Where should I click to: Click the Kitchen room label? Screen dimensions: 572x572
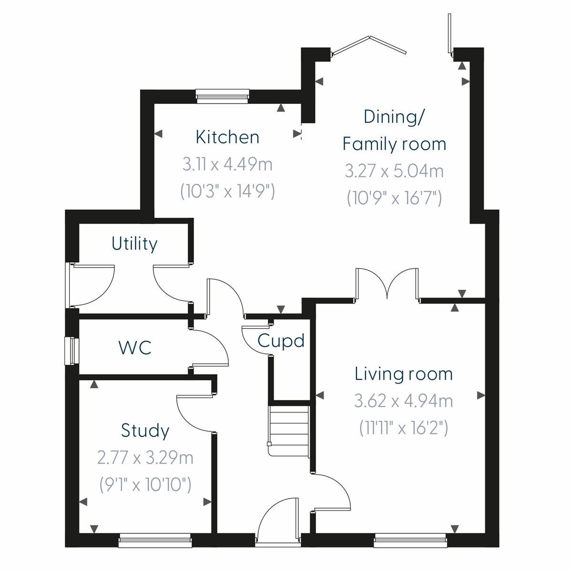(x=227, y=137)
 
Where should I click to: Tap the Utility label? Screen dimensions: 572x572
(x=134, y=244)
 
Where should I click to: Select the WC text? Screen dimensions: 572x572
(x=135, y=347)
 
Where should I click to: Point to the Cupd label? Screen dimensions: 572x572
(x=281, y=341)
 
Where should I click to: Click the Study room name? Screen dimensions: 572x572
(x=145, y=430)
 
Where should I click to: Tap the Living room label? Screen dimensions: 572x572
(x=403, y=374)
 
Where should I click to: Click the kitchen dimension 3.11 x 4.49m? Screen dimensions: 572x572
(x=227, y=164)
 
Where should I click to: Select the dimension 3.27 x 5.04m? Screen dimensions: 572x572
(x=394, y=171)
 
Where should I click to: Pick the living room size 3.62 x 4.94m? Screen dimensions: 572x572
(x=403, y=401)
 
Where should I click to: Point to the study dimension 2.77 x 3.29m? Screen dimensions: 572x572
(x=145, y=458)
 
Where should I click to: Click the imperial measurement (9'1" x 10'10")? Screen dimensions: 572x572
(x=145, y=485)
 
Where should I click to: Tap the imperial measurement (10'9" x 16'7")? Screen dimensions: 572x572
(x=394, y=197)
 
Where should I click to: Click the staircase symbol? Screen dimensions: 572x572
(x=289, y=430)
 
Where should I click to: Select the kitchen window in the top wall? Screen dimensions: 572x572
(x=223, y=96)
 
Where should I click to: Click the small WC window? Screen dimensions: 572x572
(x=71, y=351)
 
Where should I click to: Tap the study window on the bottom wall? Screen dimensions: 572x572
(x=155, y=540)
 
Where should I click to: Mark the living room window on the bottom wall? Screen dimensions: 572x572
(x=410, y=540)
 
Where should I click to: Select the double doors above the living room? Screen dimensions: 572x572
(x=387, y=284)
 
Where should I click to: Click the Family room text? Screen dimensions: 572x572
(x=394, y=144)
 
